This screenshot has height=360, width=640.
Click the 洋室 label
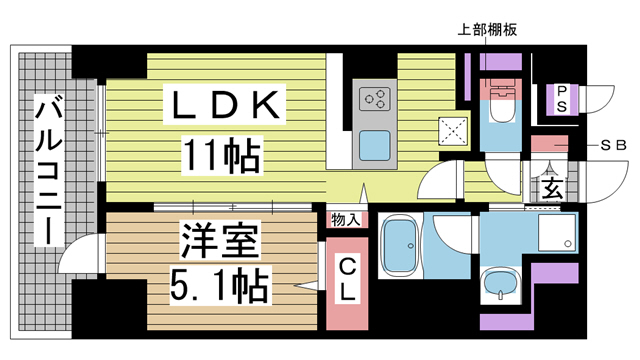click(x=220, y=241)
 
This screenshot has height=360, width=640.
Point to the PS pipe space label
click(x=563, y=98)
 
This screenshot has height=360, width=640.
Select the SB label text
click(x=612, y=146)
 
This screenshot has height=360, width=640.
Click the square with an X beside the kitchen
click(x=453, y=131)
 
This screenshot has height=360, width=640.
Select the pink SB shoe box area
click(x=549, y=144)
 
